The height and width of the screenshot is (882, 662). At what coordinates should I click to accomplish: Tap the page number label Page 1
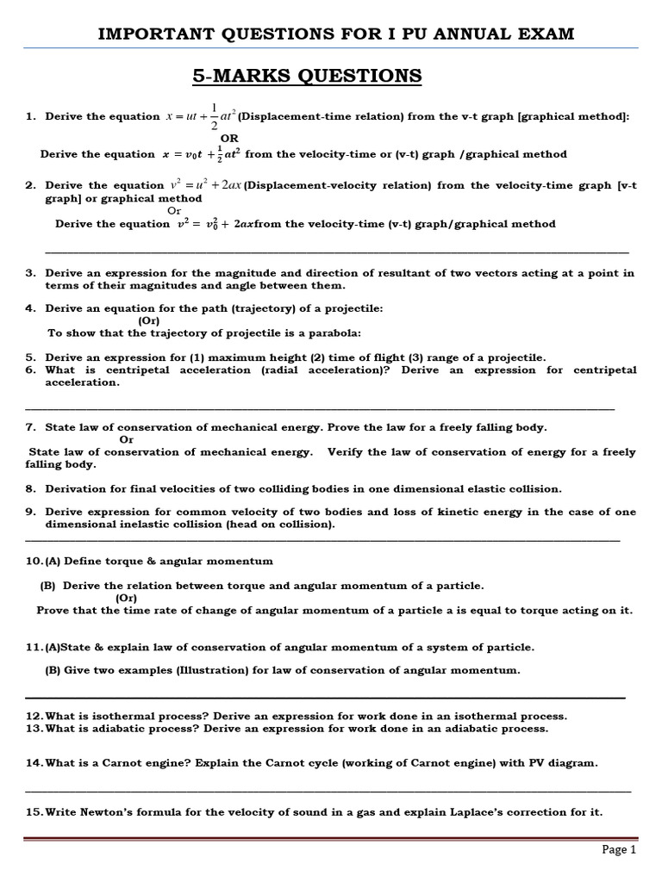618,849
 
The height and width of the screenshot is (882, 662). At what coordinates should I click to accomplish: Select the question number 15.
34,812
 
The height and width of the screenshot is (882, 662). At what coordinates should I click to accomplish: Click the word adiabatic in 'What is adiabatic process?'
133,729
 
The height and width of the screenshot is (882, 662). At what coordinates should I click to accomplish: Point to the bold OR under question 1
230,138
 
